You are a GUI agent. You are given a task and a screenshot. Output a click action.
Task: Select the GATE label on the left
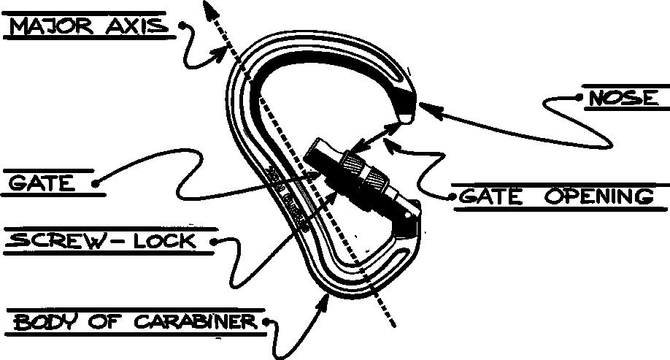[x=42, y=183]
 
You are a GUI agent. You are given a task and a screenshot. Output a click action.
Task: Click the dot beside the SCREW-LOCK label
[x=213, y=240]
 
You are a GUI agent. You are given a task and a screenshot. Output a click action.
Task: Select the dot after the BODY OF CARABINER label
[x=267, y=321]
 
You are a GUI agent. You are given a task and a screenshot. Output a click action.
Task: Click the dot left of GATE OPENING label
[x=453, y=196]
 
